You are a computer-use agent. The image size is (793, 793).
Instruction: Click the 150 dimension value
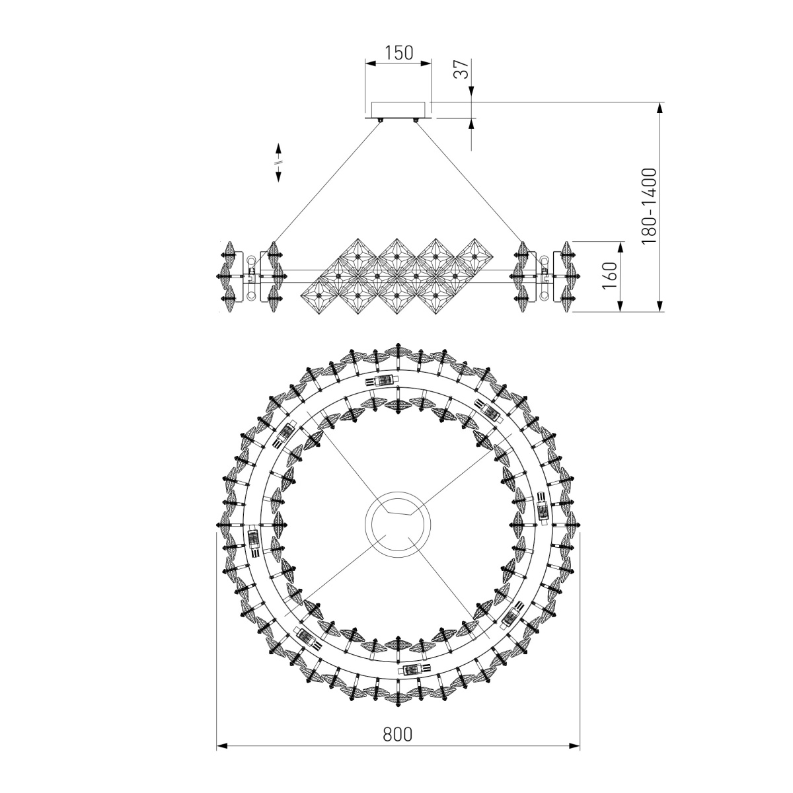click(398, 53)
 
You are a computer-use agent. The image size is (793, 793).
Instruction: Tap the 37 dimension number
click(461, 69)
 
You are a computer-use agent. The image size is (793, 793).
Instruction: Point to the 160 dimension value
click(611, 276)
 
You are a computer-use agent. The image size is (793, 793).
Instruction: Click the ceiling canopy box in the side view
click(398, 110)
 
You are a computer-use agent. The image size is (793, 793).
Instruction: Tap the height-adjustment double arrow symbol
click(278, 163)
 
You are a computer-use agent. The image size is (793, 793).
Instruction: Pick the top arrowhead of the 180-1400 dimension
click(660, 108)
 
